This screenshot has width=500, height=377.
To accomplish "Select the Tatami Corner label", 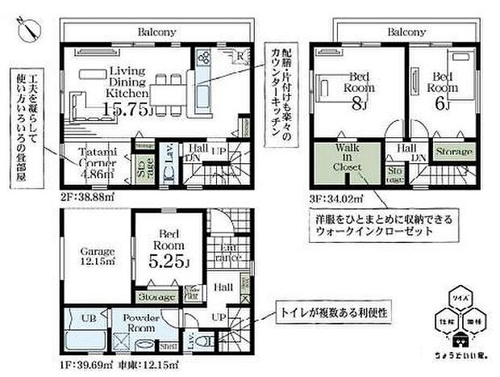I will point(99,156).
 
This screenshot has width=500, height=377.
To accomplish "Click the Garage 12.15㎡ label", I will point(95,255).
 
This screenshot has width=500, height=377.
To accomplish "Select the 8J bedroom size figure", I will point(356,103).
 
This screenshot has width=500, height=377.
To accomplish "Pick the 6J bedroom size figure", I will point(442,103).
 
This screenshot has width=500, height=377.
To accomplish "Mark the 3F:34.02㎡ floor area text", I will point(338,197).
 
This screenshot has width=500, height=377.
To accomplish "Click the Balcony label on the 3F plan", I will point(406,33).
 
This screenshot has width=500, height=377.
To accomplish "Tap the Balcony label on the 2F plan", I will point(156,33).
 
